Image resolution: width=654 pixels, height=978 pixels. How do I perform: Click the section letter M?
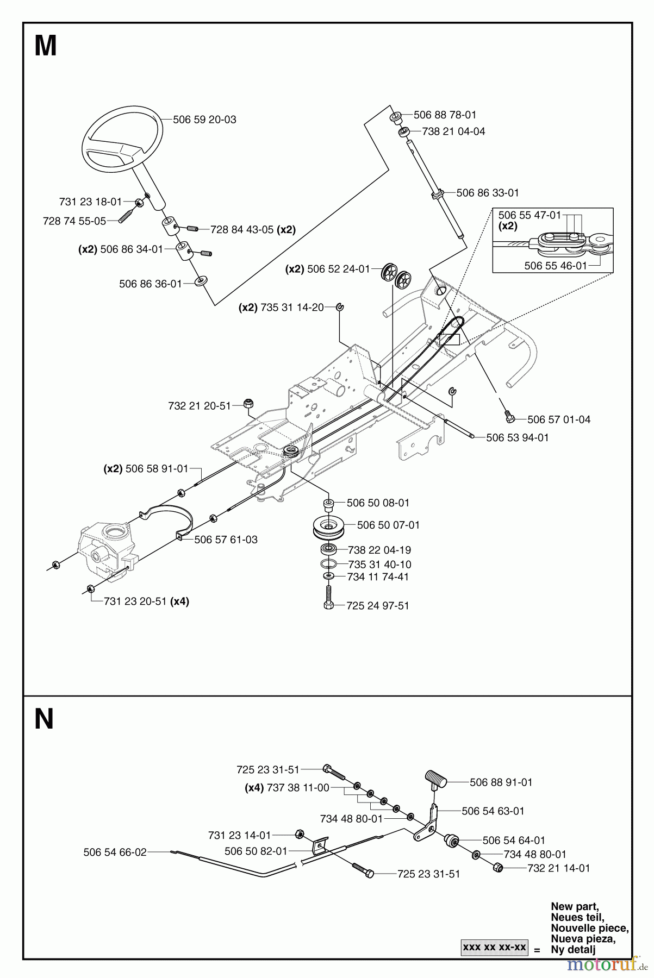46,47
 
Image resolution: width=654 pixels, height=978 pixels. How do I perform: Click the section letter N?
44,719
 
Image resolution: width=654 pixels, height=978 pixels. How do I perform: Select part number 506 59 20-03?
204,120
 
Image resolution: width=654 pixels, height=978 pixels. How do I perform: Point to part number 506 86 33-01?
488,192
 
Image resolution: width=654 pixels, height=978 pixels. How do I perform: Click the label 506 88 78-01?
445,115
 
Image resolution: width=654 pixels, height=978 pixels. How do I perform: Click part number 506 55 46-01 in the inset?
556,266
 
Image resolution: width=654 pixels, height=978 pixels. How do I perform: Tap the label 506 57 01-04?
558,419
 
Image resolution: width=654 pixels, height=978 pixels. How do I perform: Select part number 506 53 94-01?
517,437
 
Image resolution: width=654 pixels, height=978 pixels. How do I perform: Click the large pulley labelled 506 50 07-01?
327,526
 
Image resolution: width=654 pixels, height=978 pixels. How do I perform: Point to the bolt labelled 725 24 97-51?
329,599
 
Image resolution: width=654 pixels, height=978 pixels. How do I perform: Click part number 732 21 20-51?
200,405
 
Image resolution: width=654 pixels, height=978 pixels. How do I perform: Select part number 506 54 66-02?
115,852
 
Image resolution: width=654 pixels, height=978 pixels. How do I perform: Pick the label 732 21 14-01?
558,868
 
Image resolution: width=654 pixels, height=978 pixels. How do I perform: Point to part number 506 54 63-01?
493,811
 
